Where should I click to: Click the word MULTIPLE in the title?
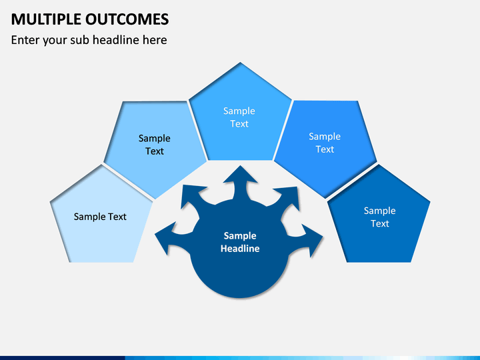point(46,19)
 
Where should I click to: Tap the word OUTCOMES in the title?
point(127,19)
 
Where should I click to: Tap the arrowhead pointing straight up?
point(240,176)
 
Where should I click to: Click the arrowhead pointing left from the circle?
point(165,238)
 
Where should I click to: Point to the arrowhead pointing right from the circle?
point(313,240)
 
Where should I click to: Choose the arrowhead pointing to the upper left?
point(191,195)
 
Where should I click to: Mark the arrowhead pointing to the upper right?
point(289,197)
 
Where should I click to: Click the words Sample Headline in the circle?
point(240,242)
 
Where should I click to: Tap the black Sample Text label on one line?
point(100,217)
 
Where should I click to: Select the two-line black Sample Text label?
point(155,145)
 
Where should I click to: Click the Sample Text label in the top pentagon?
point(239,117)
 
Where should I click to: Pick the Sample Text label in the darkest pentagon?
point(379,217)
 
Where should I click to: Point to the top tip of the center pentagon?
point(240,63)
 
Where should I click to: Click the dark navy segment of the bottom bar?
point(63,358)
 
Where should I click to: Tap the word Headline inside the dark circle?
point(240,248)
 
